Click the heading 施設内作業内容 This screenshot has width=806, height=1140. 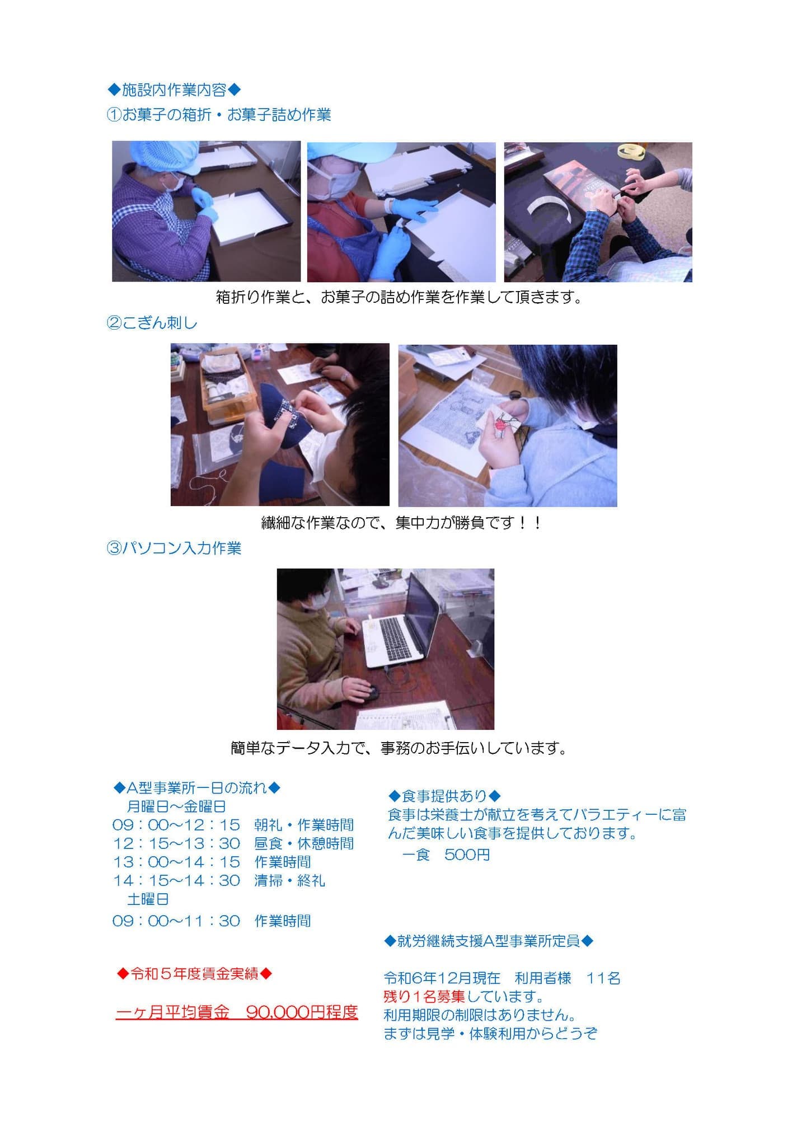pos(174,90)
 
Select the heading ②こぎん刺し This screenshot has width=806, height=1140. pos(152,323)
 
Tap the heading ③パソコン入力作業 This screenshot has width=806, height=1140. pos(174,548)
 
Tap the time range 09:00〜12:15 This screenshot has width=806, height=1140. pos(176,825)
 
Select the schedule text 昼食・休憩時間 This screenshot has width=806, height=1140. pos(304,843)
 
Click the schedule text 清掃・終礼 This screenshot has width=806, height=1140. pos(289,880)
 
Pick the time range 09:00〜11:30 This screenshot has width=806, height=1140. pos(176,921)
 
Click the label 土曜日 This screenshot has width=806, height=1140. pos(148,899)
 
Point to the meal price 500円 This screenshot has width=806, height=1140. pos(467,855)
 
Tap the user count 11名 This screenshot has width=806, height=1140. pos(603,978)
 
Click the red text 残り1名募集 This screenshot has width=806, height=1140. pos(424,996)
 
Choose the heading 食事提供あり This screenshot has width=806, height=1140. pos(444,796)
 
